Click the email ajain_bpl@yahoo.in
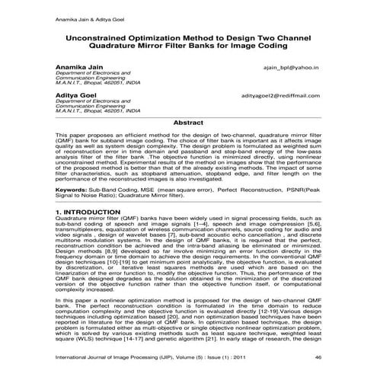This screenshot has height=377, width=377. [x=293, y=68]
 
